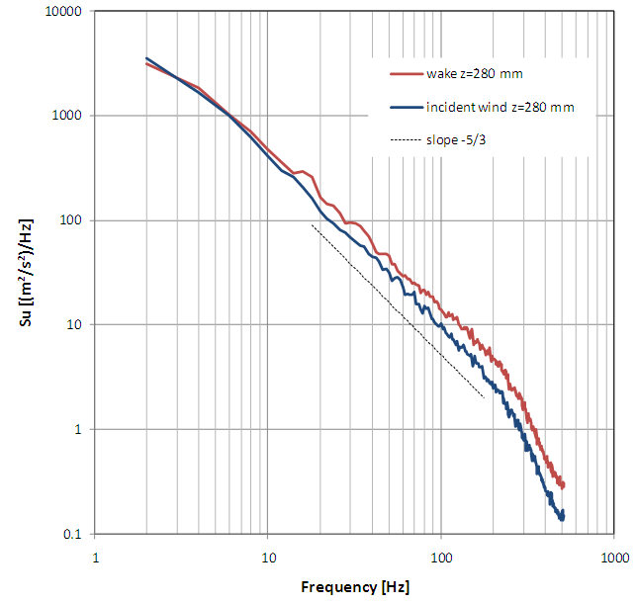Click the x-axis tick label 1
(95, 556)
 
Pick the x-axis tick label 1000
(613, 556)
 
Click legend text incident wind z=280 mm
(500, 106)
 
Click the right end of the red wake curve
(563, 484)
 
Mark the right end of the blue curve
(562, 515)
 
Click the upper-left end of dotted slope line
(312, 224)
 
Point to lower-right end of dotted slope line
(484, 397)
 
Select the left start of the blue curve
(146, 58)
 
